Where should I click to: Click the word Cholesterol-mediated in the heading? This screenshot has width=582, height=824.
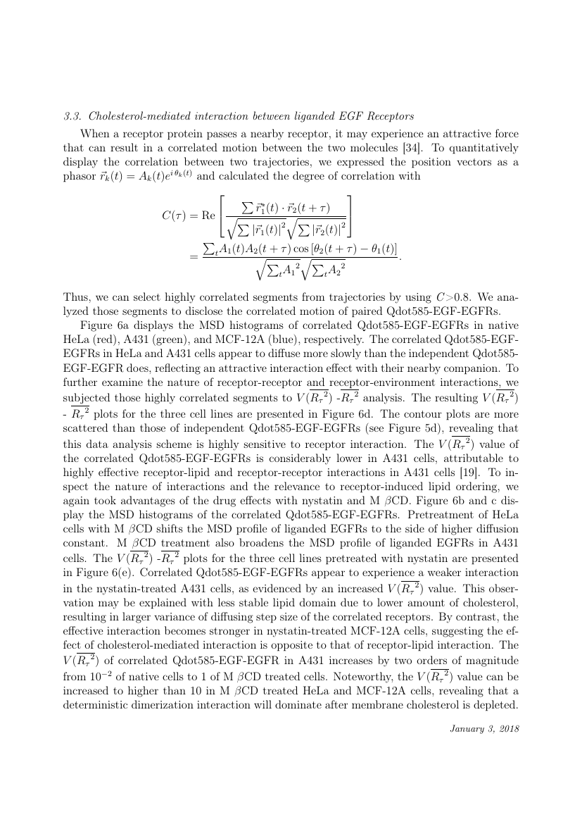(x=133, y=116)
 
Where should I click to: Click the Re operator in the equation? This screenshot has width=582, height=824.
(x=208, y=216)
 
